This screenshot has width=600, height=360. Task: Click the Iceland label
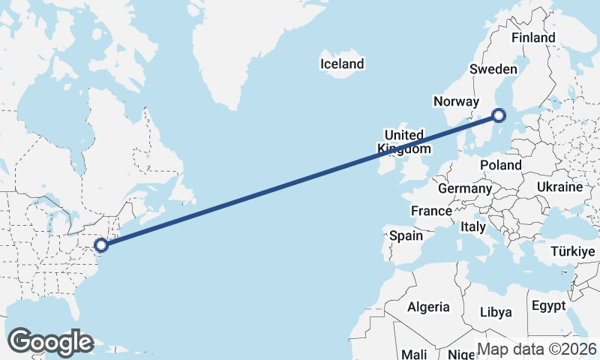[x=341, y=64]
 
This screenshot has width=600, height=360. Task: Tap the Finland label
[x=532, y=37]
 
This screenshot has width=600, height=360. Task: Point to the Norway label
[x=455, y=102]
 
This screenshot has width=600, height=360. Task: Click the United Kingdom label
[x=405, y=142]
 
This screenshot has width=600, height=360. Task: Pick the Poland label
[x=500, y=165]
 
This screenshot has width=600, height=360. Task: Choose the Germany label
[x=464, y=188]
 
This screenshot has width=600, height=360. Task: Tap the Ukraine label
[x=559, y=187]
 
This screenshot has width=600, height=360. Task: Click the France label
[x=431, y=211]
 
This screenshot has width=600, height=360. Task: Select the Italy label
[x=473, y=226]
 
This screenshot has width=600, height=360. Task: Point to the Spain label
[x=406, y=235]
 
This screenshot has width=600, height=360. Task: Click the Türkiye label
[x=574, y=251]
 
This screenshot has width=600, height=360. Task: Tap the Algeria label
[x=428, y=307]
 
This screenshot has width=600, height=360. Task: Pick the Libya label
[x=495, y=311]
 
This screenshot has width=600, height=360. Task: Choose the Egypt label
[x=547, y=306]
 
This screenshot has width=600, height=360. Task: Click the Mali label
[x=415, y=353]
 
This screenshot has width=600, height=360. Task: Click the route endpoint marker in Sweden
[x=499, y=115]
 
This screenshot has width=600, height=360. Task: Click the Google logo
[x=50, y=342]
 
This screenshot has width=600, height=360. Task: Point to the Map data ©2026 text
[x=537, y=349]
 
